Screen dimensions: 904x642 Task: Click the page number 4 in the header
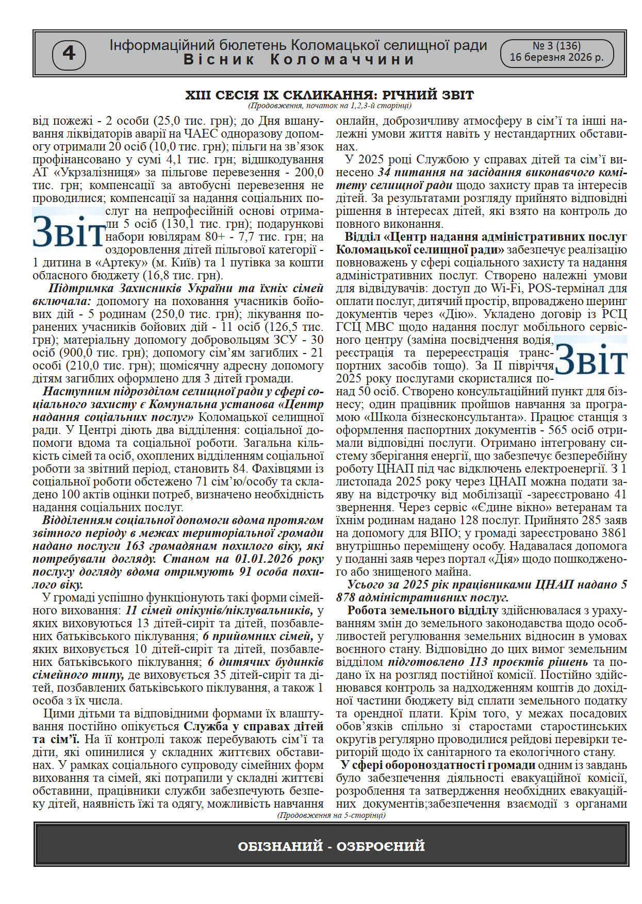tap(69, 54)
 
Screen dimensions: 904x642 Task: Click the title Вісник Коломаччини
tap(299, 60)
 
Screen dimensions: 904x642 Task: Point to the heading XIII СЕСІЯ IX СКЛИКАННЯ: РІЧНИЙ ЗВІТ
tap(329, 95)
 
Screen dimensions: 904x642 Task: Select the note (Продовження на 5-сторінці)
tap(331, 815)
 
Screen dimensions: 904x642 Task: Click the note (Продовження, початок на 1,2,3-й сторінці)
tap(329, 106)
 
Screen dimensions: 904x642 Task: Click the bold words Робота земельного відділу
tap(422, 611)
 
